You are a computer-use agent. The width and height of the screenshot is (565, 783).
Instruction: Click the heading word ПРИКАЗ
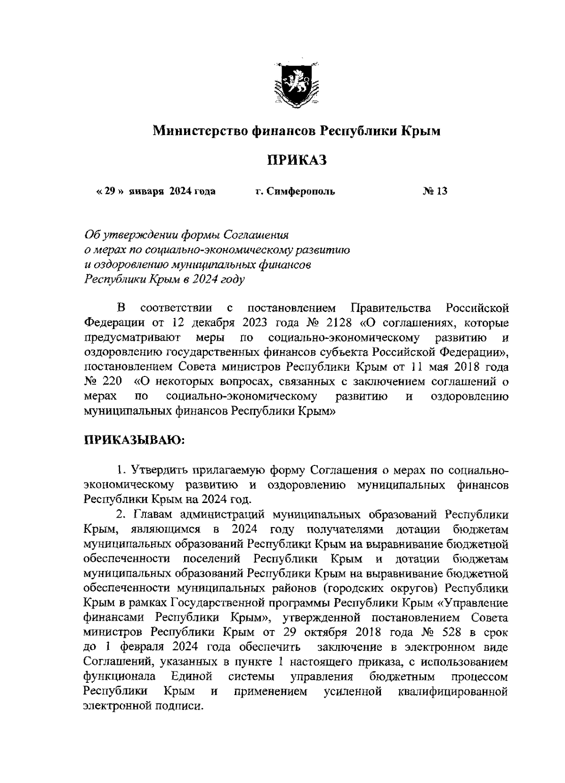[297, 160]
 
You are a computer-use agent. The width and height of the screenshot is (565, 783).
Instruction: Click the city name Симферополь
[300, 191]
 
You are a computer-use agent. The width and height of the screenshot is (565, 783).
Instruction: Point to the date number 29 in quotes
[110, 191]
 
